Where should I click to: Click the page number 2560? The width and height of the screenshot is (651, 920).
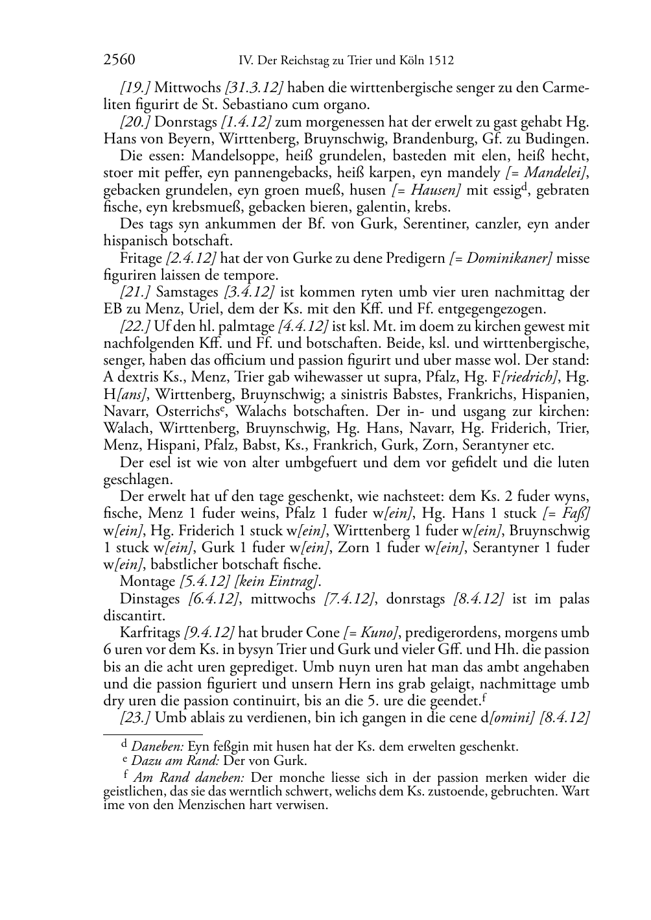point(119,61)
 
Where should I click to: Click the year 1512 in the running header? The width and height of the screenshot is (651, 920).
point(440,61)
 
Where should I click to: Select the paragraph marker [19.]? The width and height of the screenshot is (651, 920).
point(135,88)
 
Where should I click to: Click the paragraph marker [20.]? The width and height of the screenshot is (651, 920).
point(136,122)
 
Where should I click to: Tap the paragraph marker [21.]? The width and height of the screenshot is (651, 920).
point(136,293)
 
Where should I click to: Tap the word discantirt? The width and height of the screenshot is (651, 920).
point(134,615)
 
